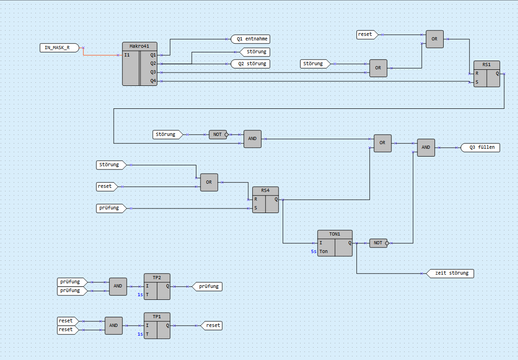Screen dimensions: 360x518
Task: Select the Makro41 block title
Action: pos(139,46)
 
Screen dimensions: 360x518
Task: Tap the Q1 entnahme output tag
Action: pos(251,39)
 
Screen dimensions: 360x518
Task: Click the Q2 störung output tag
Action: pos(251,64)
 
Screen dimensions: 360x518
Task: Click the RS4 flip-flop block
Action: pos(265,200)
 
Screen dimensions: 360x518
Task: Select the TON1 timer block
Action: pos(335,243)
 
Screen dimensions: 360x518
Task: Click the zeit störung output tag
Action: pos(450,273)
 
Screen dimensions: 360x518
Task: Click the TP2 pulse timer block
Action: pos(157,287)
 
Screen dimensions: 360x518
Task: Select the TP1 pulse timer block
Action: pos(157,326)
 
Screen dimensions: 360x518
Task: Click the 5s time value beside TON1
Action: pos(313,252)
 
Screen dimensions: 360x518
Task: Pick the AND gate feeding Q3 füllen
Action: pos(426,147)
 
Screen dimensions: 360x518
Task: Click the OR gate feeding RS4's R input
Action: pos(209,182)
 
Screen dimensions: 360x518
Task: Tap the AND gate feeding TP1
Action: pos(113,326)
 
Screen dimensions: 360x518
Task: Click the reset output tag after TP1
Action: pos(212,325)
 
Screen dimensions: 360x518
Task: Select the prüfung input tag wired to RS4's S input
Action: pos(110,208)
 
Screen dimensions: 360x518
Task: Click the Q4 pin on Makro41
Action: pos(153,81)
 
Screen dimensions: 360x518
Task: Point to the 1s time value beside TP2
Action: pos(140,295)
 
